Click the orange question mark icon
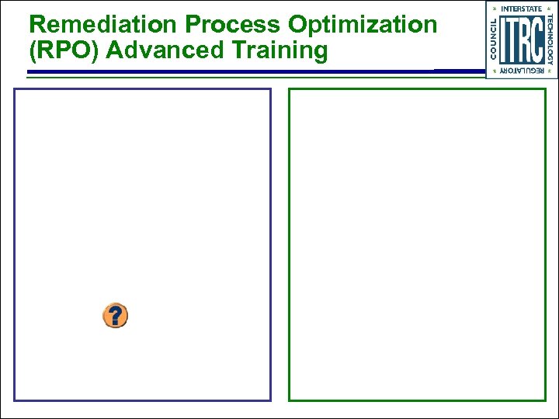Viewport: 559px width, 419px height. click(x=115, y=316)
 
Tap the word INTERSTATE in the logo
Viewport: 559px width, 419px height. click(x=522, y=9)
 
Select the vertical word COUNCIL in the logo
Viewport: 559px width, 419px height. click(x=493, y=40)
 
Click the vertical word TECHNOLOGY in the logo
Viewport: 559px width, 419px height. click(x=550, y=40)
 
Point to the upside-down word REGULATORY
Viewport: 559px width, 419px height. click(x=522, y=71)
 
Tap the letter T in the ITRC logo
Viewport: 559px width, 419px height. click(x=514, y=40)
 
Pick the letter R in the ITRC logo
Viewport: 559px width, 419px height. click(x=526, y=40)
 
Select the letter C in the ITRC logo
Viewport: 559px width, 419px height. click(x=539, y=40)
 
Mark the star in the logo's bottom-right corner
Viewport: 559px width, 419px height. click(x=551, y=71)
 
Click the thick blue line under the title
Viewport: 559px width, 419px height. click(x=233, y=72)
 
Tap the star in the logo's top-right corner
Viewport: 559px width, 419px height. click(x=551, y=9)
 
